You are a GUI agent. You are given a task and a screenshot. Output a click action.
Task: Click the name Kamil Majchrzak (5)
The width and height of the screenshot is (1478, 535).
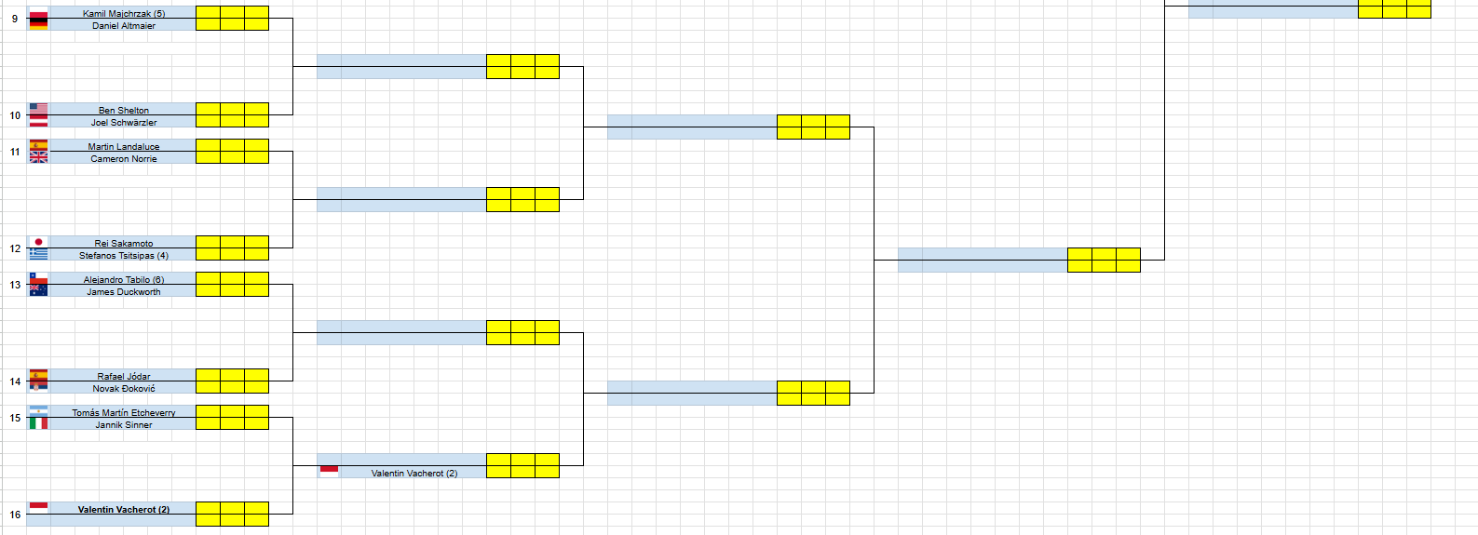123,13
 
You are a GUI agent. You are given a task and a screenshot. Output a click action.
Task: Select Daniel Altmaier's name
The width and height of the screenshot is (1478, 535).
123,26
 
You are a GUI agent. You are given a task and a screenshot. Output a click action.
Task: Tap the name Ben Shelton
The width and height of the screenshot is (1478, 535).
123,110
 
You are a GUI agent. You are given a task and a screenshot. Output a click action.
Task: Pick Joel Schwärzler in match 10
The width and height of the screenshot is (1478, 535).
123,123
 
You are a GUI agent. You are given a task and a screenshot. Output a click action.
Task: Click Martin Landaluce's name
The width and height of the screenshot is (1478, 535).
123,146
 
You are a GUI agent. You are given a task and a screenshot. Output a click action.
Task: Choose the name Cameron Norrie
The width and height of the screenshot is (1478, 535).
123,159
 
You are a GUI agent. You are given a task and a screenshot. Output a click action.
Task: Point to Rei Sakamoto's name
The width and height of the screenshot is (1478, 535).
123,243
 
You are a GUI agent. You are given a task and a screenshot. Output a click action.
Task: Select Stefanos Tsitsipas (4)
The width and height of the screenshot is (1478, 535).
123,256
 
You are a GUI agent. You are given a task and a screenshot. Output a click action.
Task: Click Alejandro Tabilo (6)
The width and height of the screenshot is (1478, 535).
123,279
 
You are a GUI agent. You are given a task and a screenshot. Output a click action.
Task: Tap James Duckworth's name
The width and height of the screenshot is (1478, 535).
123,292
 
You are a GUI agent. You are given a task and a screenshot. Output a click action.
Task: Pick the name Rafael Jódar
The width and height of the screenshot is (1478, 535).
123,376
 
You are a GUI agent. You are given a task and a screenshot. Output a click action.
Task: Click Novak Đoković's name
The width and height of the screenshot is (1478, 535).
123,389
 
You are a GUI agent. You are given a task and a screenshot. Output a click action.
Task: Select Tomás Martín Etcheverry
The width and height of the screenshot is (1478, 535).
123,412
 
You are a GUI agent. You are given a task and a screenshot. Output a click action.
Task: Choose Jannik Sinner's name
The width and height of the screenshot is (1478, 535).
123,425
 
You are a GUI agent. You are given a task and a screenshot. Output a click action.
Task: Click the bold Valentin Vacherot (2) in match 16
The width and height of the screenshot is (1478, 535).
123,509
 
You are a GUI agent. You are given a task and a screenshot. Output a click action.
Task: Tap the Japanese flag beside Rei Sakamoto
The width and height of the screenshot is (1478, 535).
38,242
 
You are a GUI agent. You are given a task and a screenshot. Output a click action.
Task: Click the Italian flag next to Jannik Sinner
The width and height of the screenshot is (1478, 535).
38,423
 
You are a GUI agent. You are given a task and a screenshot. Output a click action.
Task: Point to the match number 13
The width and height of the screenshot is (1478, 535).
15,285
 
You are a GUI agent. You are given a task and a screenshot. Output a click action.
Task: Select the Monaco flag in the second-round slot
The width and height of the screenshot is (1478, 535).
329,471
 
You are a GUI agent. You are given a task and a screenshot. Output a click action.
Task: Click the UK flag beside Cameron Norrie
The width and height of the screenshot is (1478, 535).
38,157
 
